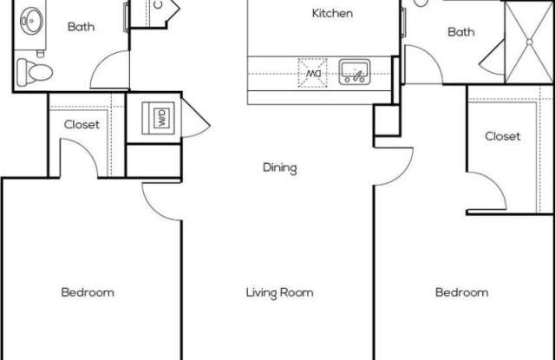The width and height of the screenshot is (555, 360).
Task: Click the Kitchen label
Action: click(332, 14)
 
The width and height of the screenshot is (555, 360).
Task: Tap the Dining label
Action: click(279, 167)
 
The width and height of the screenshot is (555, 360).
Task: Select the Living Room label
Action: click(279, 292)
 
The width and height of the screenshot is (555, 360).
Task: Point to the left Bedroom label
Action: click(88, 292)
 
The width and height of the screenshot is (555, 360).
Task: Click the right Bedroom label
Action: click(461, 292)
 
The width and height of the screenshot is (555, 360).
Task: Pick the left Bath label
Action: click(81, 27)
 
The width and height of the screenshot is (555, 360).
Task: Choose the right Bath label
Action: click(460, 32)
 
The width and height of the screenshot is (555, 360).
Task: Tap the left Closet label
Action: click(82, 124)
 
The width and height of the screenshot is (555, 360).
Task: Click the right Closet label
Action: click(503, 136)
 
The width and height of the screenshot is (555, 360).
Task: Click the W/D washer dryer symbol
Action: click(158, 118)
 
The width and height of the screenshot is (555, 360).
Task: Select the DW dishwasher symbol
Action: click(312, 73)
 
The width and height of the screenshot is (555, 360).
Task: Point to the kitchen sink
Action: click(355, 72)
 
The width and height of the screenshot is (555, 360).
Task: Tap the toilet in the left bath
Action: click(35, 73)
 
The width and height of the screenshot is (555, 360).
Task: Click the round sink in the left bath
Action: click(31, 21)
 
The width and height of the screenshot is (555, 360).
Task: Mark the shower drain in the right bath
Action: click(530, 43)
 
